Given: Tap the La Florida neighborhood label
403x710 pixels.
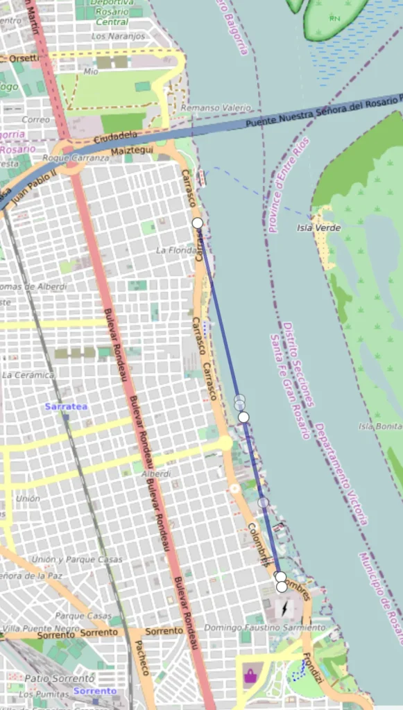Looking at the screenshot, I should [x=173, y=250].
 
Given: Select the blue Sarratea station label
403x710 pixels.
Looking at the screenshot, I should [x=66, y=406].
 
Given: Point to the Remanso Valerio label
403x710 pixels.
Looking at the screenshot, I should [x=205, y=108].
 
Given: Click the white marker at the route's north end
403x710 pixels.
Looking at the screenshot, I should [x=198, y=223].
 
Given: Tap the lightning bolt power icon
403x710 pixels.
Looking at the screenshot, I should [x=284, y=609].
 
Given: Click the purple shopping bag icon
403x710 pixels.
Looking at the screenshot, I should [x=249, y=675].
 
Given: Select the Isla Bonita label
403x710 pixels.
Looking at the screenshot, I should [x=380, y=426].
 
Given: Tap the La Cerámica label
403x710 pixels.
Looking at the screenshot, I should [x=28, y=375].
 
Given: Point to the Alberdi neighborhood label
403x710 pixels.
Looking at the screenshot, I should [x=156, y=474].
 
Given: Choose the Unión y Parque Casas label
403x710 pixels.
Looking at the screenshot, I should [x=76, y=560].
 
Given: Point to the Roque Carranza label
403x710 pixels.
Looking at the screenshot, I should [x=76, y=158].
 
